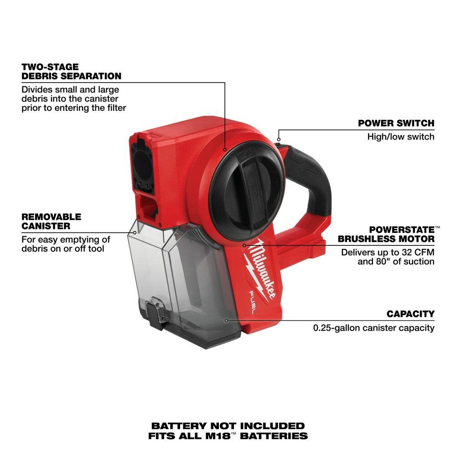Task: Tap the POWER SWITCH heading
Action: (396, 123)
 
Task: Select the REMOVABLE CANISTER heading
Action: (51, 221)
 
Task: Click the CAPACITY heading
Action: (410, 314)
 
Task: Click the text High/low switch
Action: (401, 136)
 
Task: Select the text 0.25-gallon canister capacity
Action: (373, 327)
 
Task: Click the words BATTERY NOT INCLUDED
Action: (228, 426)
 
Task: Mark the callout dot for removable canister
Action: (135, 232)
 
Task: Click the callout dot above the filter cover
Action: (225, 149)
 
